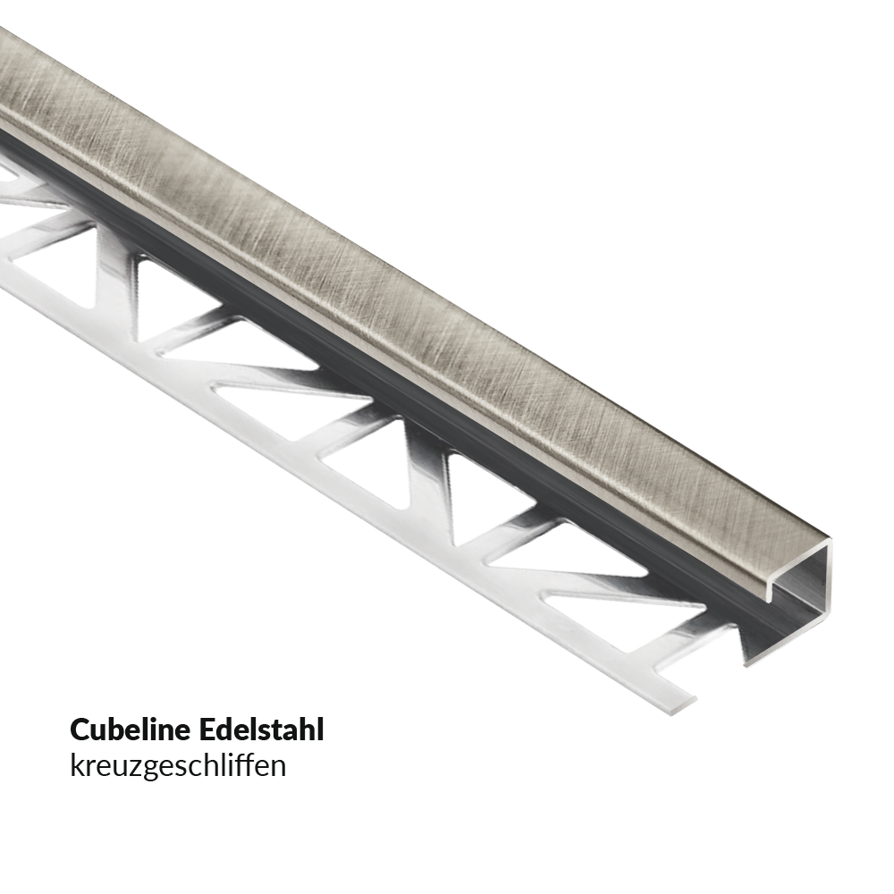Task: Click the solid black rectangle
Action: click(x=197, y=748)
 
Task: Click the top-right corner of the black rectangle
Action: click(x=322, y=717)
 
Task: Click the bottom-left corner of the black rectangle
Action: click(x=72, y=780)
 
